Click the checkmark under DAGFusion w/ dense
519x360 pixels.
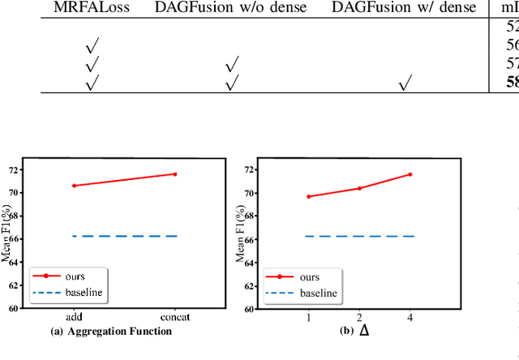point(405,81)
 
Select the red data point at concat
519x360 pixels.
point(175,174)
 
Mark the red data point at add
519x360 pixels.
point(74,186)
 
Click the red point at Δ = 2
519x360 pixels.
point(359,188)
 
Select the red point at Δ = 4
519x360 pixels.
point(410,174)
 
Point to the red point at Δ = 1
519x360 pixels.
point(308,196)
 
